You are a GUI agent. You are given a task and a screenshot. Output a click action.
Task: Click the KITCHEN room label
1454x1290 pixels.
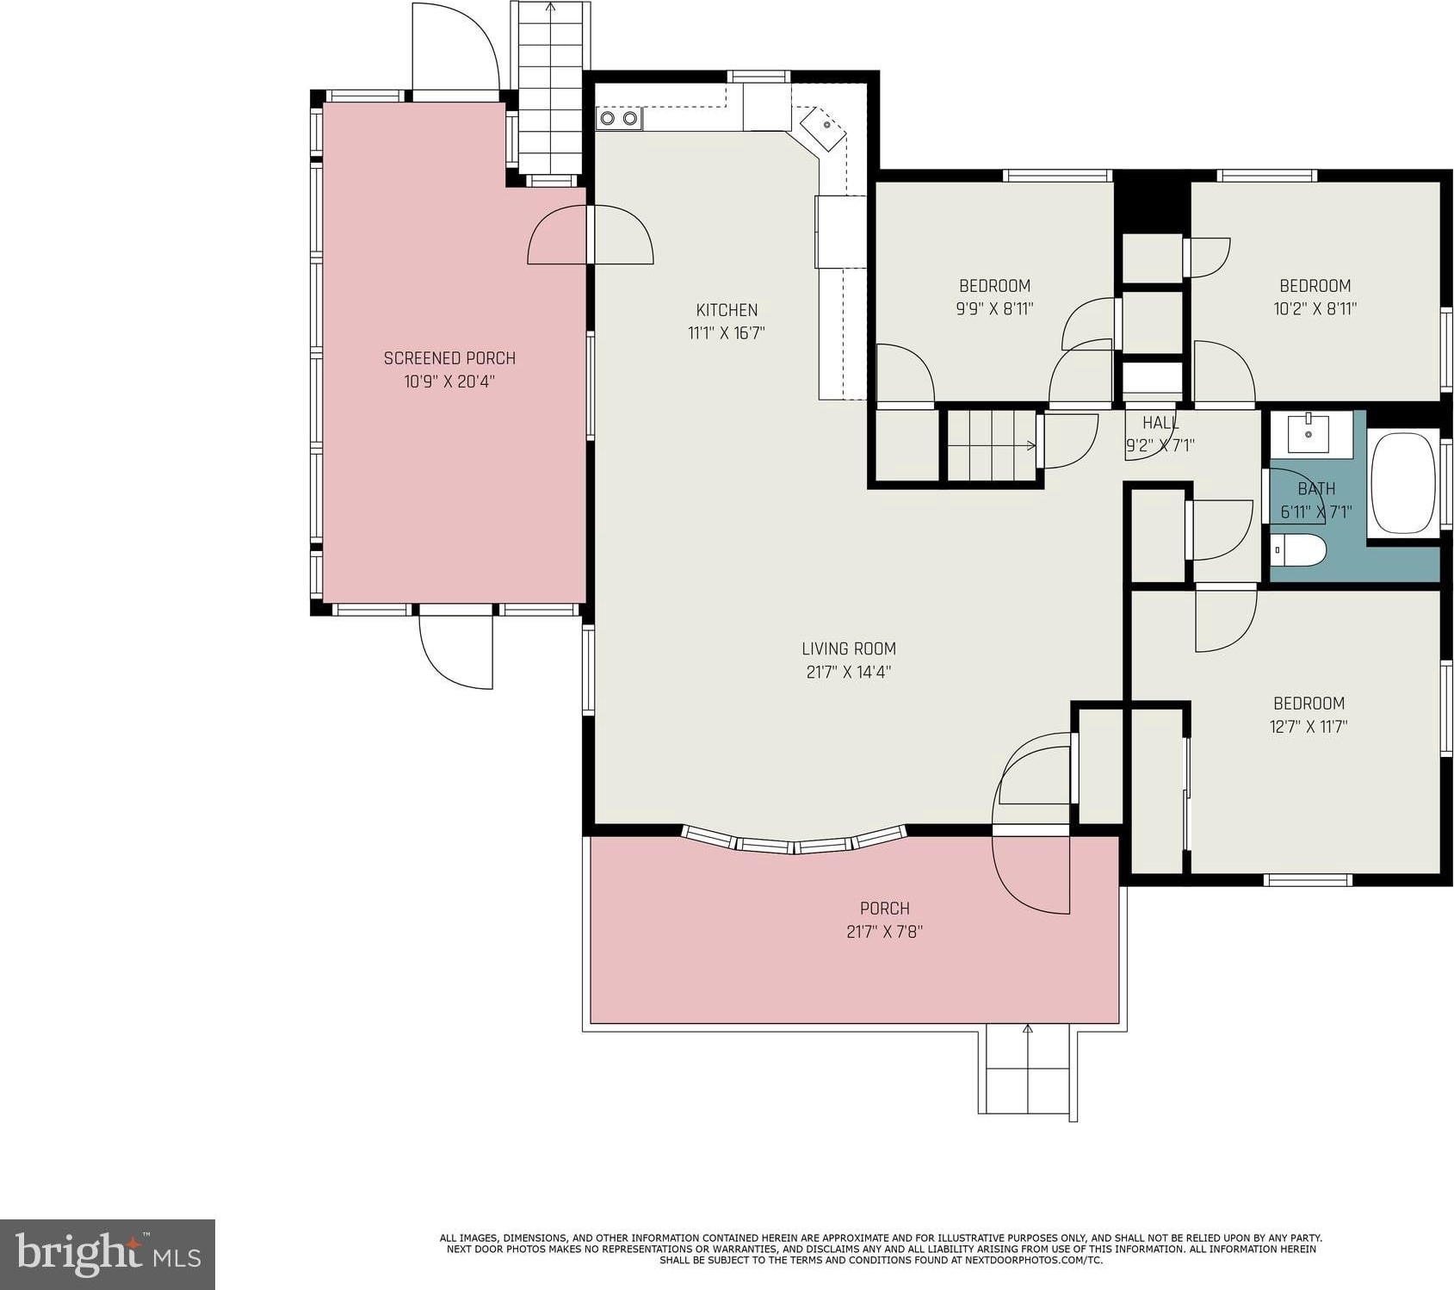coord(727,310)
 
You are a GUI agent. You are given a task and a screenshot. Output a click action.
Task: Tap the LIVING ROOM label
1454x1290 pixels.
coord(849,648)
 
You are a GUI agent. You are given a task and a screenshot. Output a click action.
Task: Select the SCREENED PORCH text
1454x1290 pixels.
coord(449,358)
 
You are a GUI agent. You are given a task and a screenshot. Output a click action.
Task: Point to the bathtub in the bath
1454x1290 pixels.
coord(1403,483)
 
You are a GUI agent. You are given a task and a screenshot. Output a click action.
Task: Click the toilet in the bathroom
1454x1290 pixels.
coord(1298,550)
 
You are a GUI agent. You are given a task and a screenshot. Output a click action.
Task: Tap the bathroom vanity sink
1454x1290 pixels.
coord(1309,433)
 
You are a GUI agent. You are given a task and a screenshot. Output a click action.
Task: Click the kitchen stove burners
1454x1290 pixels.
coord(619,118)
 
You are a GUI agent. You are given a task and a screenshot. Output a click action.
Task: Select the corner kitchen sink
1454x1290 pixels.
coord(824,129)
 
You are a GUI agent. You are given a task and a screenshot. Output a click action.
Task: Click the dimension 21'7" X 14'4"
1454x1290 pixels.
coord(848,672)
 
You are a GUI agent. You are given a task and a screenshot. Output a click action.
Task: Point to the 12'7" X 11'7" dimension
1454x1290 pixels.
coord(1309,726)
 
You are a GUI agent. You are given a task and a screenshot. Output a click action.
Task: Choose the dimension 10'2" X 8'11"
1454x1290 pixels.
coord(1315,308)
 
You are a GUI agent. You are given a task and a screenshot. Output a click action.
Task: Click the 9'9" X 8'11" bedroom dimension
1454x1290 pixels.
coord(994,308)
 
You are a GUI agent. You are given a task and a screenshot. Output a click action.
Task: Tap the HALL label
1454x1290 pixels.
coord(1160,423)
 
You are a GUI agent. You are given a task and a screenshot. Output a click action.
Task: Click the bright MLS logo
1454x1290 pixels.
coord(108,1254)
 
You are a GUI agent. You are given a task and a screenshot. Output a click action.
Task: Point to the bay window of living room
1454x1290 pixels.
coord(794,840)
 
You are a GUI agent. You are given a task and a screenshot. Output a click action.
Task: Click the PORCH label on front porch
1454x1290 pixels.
coord(885,909)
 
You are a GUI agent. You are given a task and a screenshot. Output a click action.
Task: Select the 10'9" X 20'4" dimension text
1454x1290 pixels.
coord(449,381)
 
